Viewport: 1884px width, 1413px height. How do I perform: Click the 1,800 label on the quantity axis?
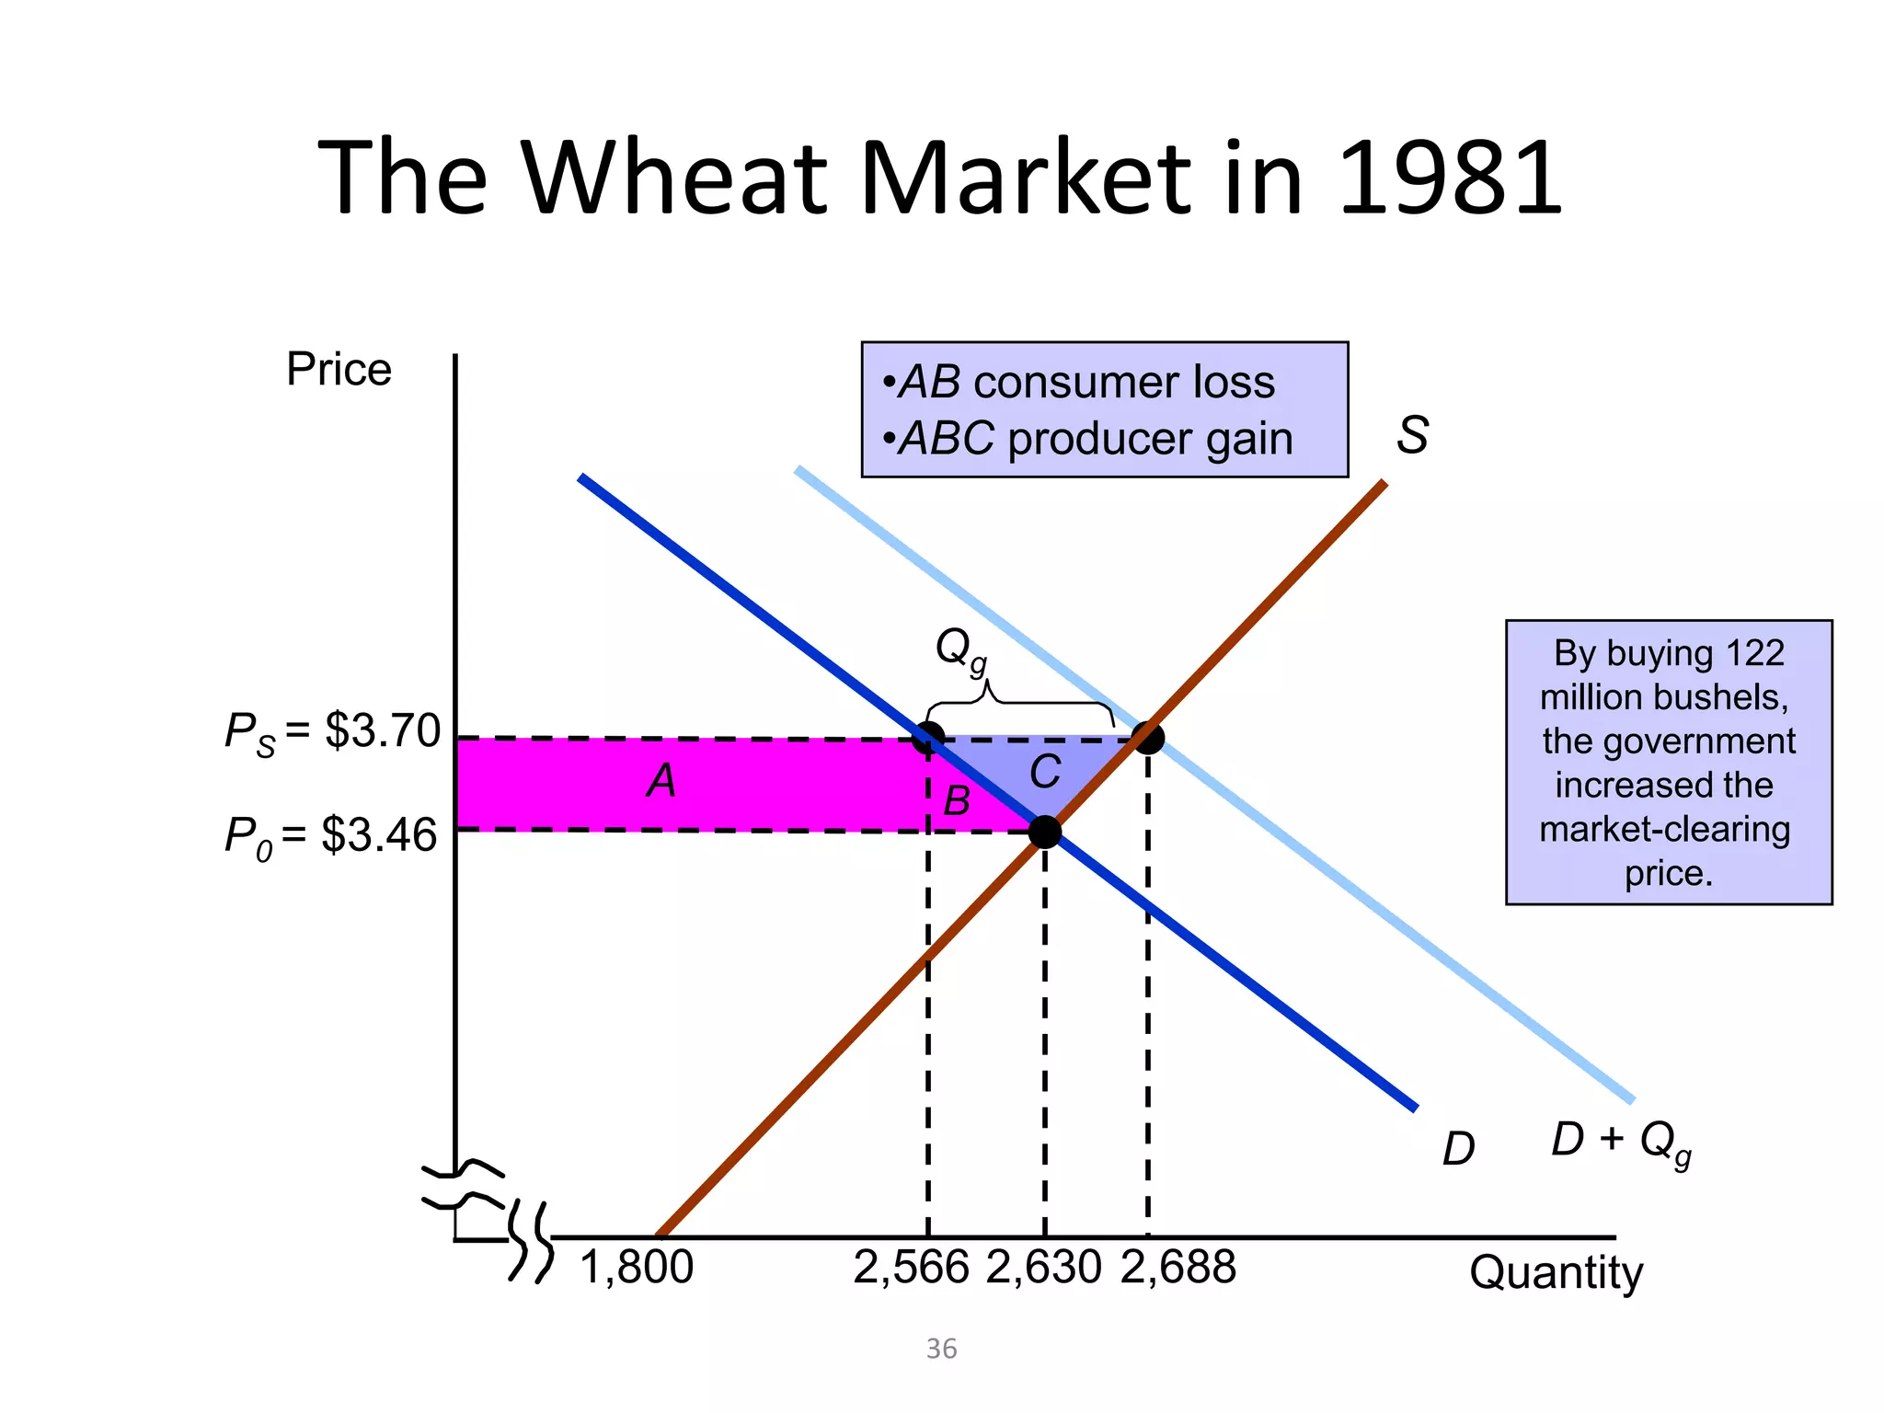tap(637, 1268)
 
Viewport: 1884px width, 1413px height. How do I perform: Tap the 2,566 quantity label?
tap(911, 1268)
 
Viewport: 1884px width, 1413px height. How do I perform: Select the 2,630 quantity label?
tap(1044, 1268)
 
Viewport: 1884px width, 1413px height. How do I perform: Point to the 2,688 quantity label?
tap(1178, 1268)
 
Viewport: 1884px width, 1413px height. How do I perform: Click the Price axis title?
tap(339, 370)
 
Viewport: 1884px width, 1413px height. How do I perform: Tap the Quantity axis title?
tap(1556, 1273)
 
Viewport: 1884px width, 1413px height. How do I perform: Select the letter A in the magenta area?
tap(661, 781)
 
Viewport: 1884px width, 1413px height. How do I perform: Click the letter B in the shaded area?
tap(957, 801)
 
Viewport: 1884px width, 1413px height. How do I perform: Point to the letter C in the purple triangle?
tap(1045, 772)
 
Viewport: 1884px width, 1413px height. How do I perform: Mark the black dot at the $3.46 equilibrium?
tap(1045, 832)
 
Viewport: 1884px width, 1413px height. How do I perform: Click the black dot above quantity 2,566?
tap(928, 738)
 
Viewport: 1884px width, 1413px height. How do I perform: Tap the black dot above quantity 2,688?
tap(1148, 737)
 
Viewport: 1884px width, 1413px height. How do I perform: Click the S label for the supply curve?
tap(1412, 435)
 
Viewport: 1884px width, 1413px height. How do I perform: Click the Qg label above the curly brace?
tap(960, 649)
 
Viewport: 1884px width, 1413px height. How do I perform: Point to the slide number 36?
tap(941, 1349)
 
